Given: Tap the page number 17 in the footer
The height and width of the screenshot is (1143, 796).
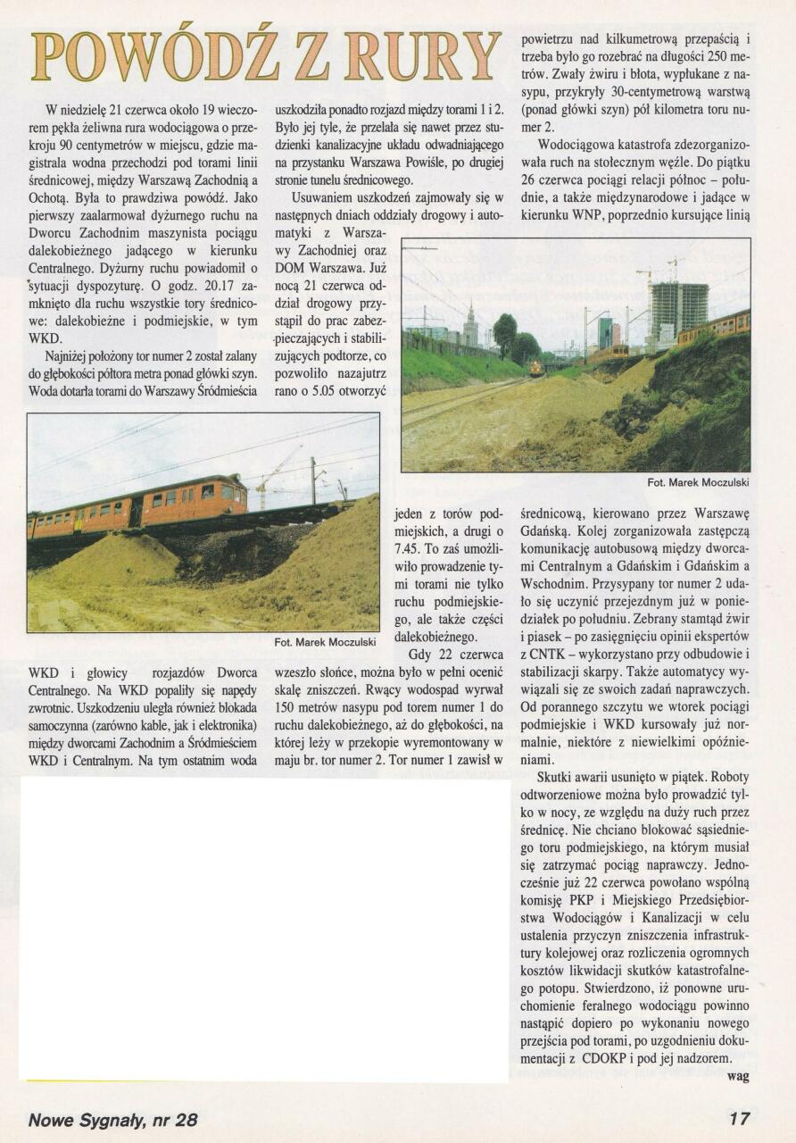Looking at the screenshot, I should pos(738,1118).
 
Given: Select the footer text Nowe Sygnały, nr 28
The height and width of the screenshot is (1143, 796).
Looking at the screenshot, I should pos(113,1119).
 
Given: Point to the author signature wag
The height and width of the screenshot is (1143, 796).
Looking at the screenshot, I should pos(738,1076).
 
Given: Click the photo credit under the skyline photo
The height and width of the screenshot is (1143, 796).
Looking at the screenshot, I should pos(698,482).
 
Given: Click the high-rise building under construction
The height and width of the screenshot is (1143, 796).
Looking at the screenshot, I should pos(679,312).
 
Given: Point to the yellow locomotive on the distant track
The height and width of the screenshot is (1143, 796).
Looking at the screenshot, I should pos(535,367).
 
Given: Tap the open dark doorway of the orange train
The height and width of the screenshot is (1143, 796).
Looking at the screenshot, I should pos(136,513).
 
